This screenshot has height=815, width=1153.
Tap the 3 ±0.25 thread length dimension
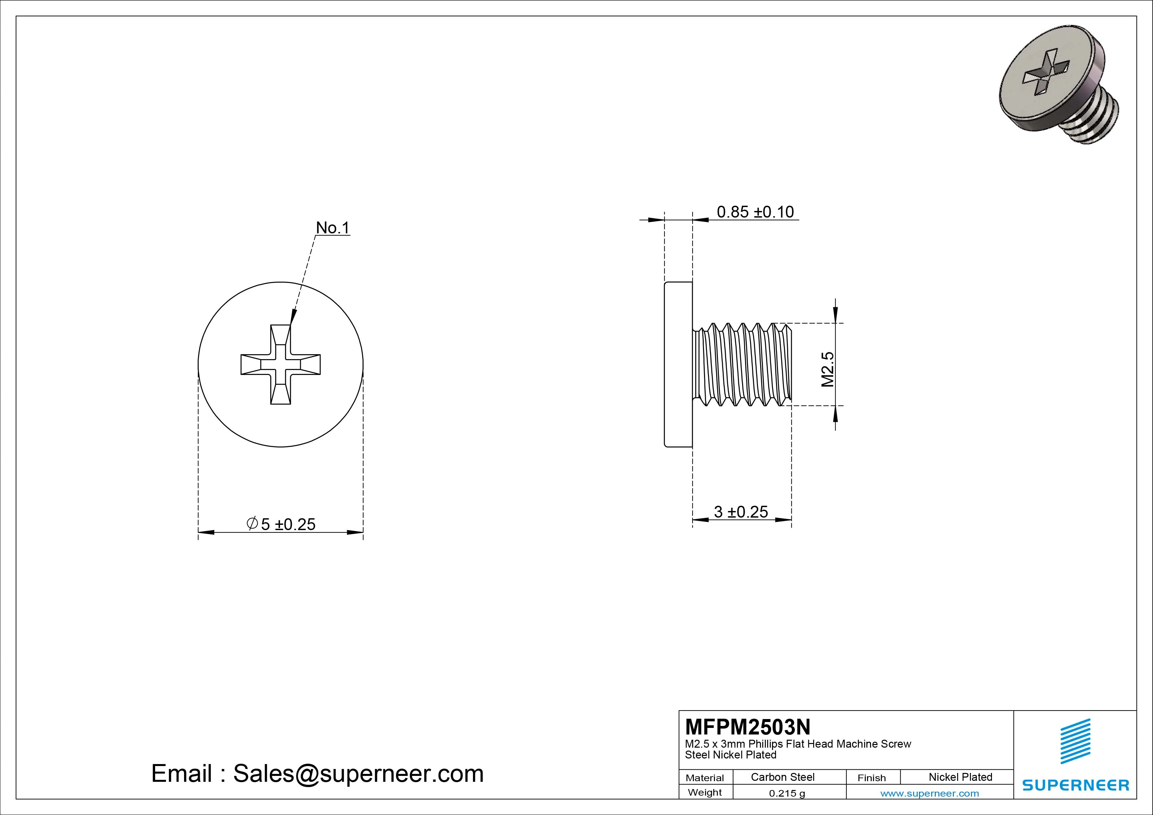[x=741, y=512]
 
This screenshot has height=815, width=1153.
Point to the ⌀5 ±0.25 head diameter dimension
[x=281, y=524]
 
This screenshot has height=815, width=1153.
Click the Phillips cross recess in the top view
[x=281, y=364]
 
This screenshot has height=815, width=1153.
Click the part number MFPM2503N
[x=747, y=727]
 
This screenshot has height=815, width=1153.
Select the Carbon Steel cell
[x=782, y=777]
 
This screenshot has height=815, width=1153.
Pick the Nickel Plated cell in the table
[x=960, y=777]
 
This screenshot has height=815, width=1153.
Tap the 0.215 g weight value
[x=787, y=793]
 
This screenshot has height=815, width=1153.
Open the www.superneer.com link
[x=929, y=793]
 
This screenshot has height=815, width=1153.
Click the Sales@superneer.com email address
[x=358, y=773]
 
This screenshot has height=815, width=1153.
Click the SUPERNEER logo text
[x=1075, y=785]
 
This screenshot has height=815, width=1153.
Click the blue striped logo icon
[x=1075, y=741]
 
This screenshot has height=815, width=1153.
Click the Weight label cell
[x=705, y=792]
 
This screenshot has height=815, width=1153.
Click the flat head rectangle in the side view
[x=678, y=364]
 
